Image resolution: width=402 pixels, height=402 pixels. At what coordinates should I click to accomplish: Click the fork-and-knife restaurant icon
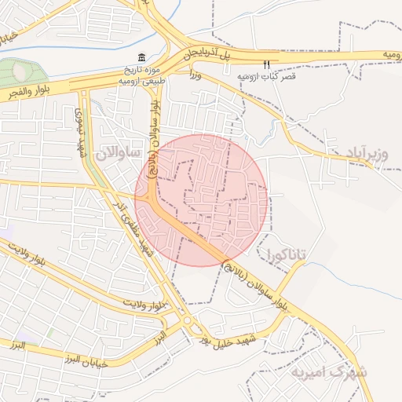pos(267,64)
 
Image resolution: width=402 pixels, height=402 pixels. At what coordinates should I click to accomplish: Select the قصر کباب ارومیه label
pos(266,77)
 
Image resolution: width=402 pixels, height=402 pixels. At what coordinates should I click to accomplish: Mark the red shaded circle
pos(201,199)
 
